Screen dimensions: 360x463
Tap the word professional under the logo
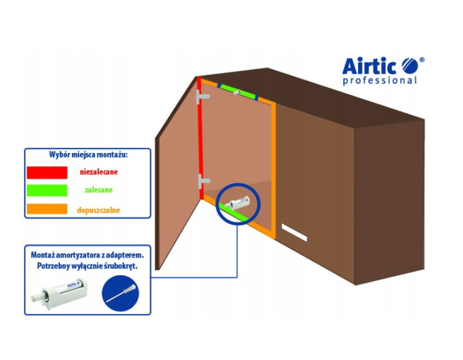pos(379,80)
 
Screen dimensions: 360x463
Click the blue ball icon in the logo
pos(409,63)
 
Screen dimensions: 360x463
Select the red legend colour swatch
pos(47,172)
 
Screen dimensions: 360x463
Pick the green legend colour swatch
pos(47,190)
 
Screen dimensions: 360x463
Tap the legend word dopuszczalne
pos(98,209)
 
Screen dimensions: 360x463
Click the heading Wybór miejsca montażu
pos(88,155)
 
